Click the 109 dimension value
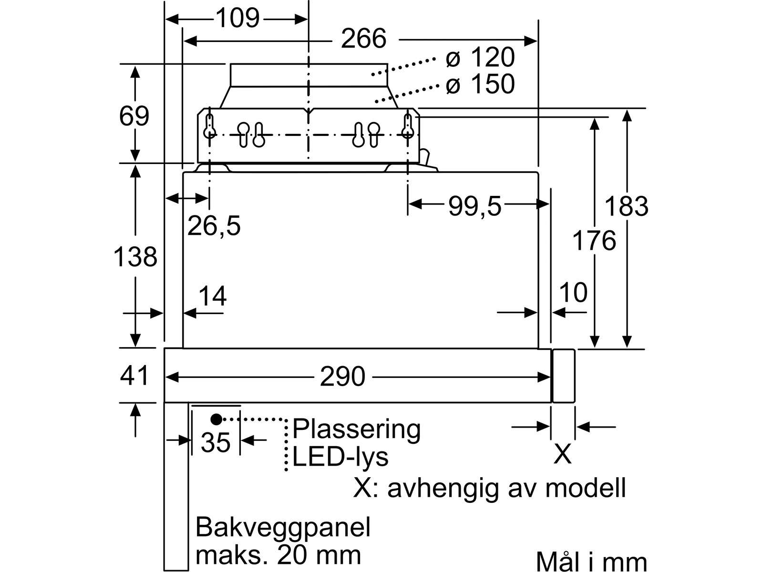[x=238, y=18]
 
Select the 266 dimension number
[x=363, y=39]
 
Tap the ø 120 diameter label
[x=480, y=57]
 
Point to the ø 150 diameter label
[x=480, y=84]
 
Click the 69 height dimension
[x=134, y=116]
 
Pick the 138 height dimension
[x=135, y=257]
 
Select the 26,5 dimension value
[x=214, y=226]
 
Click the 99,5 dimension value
[x=475, y=206]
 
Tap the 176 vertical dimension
[x=594, y=240]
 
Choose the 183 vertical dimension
[x=627, y=206]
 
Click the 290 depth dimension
[x=342, y=376]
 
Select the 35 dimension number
[x=216, y=442]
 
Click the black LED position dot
[x=216, y=419]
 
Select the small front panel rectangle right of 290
[x=564, y=376]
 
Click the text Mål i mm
[x=591, y=562]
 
